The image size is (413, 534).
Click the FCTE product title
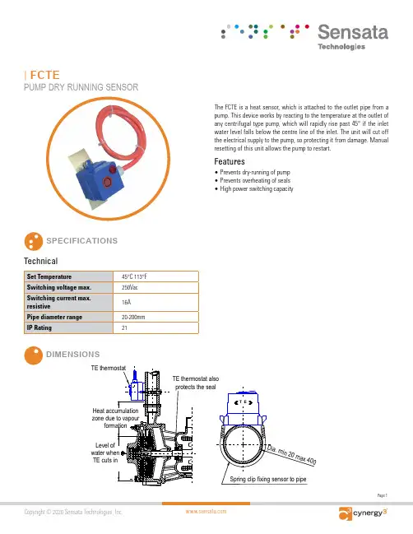(44, 75)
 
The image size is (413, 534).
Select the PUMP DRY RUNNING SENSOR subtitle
(81, 87)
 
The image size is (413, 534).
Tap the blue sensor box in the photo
(100, 177)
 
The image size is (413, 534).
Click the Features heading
(230, 161)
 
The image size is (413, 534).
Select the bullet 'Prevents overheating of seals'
(255, 180)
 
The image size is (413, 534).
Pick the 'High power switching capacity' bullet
(257, 188)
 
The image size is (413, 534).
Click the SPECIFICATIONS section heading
(82, 241)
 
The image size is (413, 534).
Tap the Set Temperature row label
(49, 276)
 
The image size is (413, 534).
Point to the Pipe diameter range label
(54, 317)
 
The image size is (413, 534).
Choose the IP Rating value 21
(124, 328)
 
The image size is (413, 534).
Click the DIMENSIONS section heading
(73, 354)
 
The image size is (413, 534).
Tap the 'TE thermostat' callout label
(109, 368)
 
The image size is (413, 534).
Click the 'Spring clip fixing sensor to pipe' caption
(268, 479)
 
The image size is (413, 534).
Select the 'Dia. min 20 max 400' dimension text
(292, 455)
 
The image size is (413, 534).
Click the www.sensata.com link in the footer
(206, 511)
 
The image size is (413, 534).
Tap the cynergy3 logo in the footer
(363, 513)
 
